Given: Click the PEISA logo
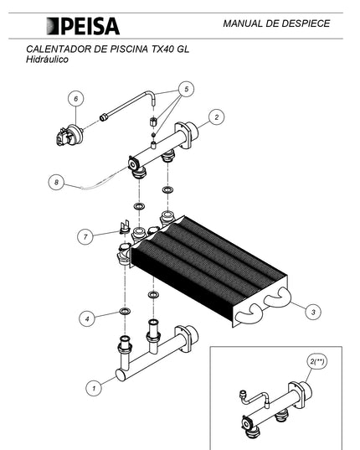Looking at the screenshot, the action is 83,26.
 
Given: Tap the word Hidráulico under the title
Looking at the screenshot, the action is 47,59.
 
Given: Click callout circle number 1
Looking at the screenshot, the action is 94,388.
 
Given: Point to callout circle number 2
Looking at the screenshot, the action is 216,117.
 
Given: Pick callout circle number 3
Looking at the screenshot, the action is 313,312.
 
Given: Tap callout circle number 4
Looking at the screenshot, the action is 87,318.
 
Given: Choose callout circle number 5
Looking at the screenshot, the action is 186,89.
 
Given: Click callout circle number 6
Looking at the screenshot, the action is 76,99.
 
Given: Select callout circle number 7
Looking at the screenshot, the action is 85,237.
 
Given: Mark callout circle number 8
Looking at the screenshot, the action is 56,182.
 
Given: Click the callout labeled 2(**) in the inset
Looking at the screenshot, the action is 317,362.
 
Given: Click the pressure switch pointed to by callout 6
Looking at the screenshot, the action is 70,135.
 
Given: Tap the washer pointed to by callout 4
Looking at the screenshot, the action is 125,311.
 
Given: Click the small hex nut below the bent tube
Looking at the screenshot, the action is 152,122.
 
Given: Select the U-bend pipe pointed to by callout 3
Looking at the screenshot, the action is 277,297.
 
